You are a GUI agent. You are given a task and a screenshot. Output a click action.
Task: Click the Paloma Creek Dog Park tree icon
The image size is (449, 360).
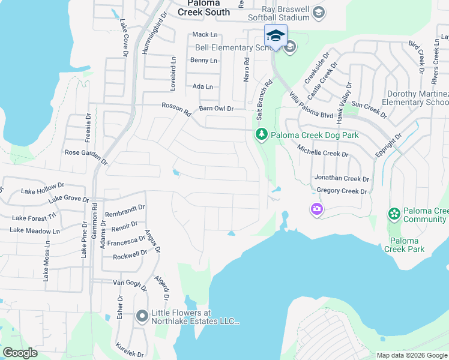click(x=261, y=135)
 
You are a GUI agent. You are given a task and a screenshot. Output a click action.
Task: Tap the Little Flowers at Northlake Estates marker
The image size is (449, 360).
click(x=142, y=316)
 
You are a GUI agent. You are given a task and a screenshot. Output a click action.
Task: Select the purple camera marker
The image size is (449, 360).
click(x=316, y=209)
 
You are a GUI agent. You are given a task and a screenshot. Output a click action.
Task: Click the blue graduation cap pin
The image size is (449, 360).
click(x=276, y=35)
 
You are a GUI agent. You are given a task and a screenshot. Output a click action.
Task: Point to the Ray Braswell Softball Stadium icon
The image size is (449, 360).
click(x=319, y=12)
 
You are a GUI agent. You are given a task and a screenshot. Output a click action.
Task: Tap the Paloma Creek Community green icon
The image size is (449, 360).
click(x=394, y=213)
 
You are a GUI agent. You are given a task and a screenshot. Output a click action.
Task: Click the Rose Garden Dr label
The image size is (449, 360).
click(x=86, y=157)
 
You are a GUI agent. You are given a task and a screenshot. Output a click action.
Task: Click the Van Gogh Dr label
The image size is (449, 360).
click(x=130, y=284)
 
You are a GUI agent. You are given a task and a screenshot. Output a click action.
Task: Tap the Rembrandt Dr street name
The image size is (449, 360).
click(x=125, y=211)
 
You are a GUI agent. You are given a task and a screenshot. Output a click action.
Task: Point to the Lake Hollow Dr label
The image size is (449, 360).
click(x=41, y=191)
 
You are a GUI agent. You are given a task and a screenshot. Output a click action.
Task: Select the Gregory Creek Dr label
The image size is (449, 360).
click(x=341, y=191)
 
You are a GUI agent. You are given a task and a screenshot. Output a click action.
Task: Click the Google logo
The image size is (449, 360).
click(x=20, y=353)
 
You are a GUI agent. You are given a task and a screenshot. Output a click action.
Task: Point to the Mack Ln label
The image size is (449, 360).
click(x=204, y=35)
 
